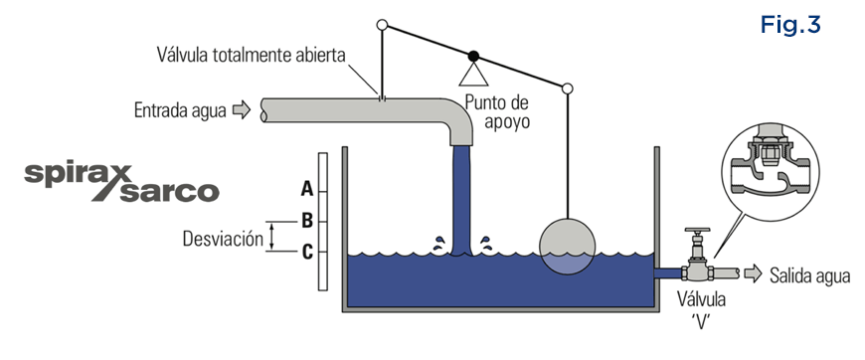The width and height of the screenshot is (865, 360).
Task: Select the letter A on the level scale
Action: [307, 187]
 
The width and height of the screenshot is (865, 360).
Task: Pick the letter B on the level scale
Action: [307, 219]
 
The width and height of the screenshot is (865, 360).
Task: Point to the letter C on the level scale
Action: [307, 250]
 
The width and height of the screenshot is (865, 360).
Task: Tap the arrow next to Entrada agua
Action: [241, 109]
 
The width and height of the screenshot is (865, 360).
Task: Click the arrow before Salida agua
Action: [752, 273]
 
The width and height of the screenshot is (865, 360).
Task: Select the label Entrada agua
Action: [178, 109]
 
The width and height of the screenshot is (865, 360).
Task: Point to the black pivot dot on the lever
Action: [474, 55]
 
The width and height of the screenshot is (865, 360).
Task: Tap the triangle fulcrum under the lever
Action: [474, 73]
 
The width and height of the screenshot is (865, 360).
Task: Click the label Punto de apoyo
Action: [495, 111]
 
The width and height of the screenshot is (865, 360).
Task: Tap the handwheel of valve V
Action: [694, 233]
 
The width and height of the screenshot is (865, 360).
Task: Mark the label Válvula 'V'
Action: [701, 309]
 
